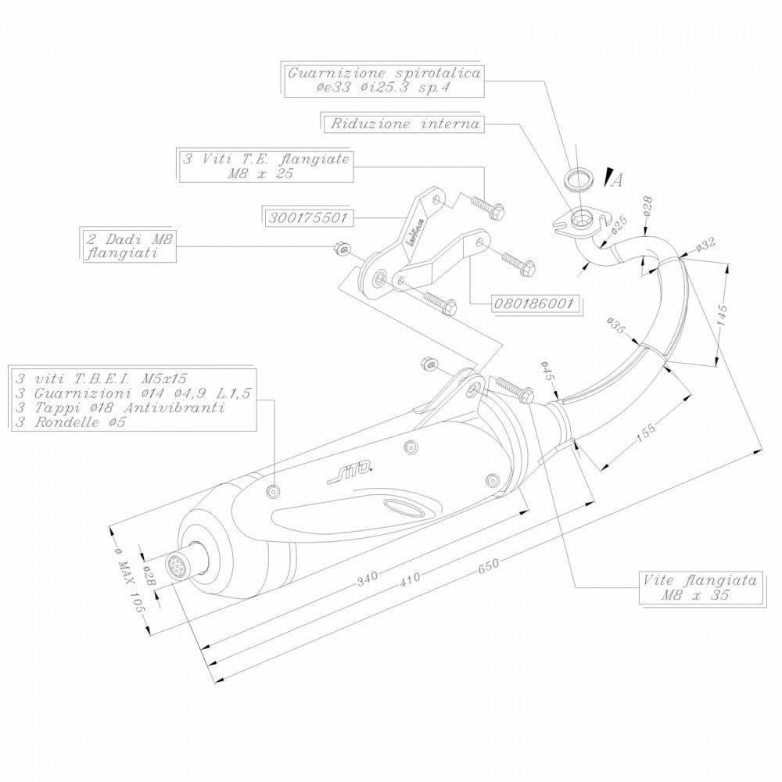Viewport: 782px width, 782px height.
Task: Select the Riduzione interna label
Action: (404, 124)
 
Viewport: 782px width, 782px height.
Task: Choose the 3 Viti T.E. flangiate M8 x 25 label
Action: (264, 167)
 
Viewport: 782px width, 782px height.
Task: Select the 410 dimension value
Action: (410, 578)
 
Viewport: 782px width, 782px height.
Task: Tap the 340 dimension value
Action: (367, 578)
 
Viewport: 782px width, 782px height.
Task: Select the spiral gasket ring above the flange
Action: (578, 178)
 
